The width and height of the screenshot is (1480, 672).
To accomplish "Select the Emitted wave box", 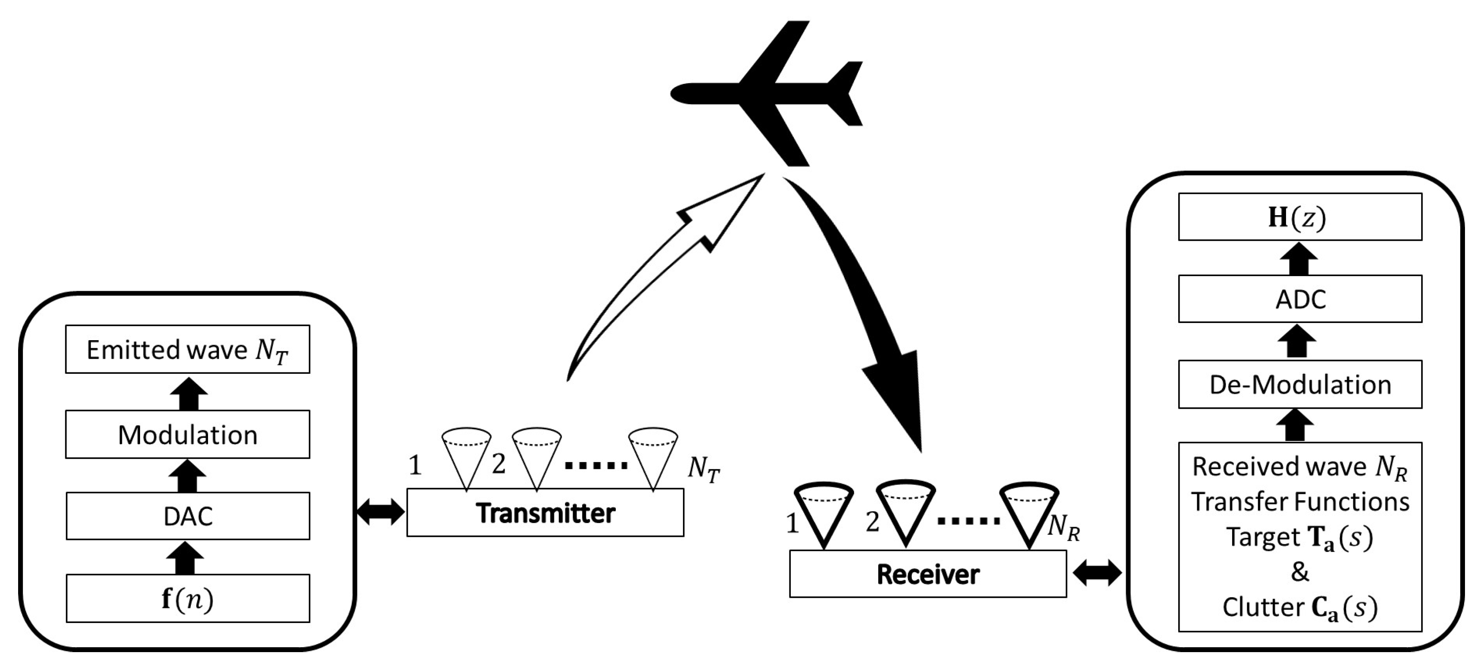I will tap(187, 349).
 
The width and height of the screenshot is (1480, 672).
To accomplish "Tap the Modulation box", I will tap(187, 434).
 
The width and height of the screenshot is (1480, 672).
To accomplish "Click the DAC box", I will tap(187, 516).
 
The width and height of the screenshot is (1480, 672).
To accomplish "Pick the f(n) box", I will tap(187, 599).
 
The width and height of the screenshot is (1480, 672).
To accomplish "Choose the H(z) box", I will tap(1300, 217).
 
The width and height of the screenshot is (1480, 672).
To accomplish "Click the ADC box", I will tap(1300, 299).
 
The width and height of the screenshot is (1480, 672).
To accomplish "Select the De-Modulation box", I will tap(1300, 384).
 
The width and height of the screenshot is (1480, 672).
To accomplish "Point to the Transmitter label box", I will tap(545, 513).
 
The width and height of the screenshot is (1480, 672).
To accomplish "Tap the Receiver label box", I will tap(927, 574).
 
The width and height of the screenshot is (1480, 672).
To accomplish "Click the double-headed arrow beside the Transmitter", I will tap(381, 511).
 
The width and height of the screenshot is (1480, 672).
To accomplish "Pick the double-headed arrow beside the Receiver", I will tap(1097, 573).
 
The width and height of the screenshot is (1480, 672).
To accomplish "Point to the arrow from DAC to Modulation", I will tap(187, 475).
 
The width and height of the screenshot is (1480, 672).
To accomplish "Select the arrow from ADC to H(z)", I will tap(1298, 258).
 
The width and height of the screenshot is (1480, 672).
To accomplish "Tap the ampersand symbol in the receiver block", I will tap(1300, 572).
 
